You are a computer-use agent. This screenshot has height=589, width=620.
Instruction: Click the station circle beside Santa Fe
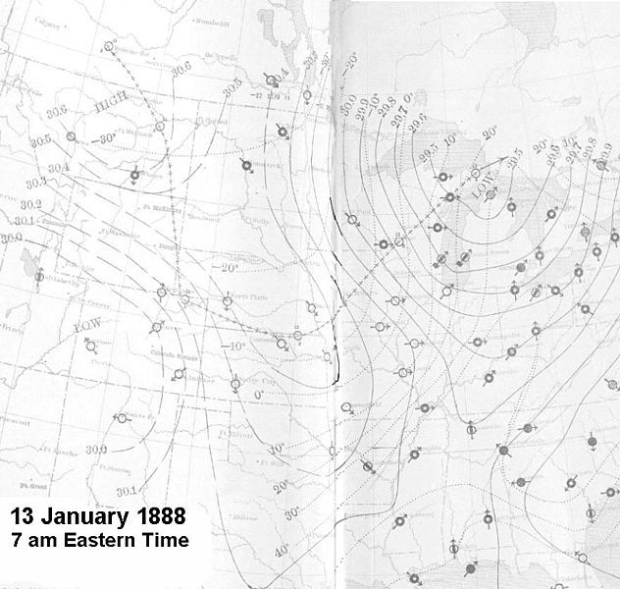[x=122, y=419]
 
